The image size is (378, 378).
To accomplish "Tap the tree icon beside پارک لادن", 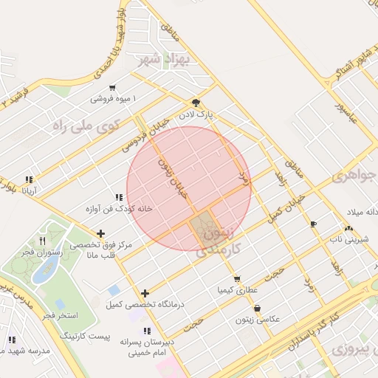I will pyautogui.click(x=195, y=103).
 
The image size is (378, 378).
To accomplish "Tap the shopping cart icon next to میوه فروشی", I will pyautogui.click(x=111, y=88).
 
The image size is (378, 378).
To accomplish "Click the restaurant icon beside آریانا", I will pyautogui.click(x=29, y=179).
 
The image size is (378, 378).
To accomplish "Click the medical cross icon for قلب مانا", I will pyautogui.click(x=100, y=233).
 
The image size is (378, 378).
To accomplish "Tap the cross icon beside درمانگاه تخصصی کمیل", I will pyautogui.click(x=145, y=293).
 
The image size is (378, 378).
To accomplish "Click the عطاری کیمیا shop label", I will pyautogui.click(x=237, y=290).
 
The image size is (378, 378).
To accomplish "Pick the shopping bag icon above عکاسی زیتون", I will pyautogui.click(x=257, y=309).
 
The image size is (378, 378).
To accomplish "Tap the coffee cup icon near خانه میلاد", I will pyautogui.click(x=314, y=224).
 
